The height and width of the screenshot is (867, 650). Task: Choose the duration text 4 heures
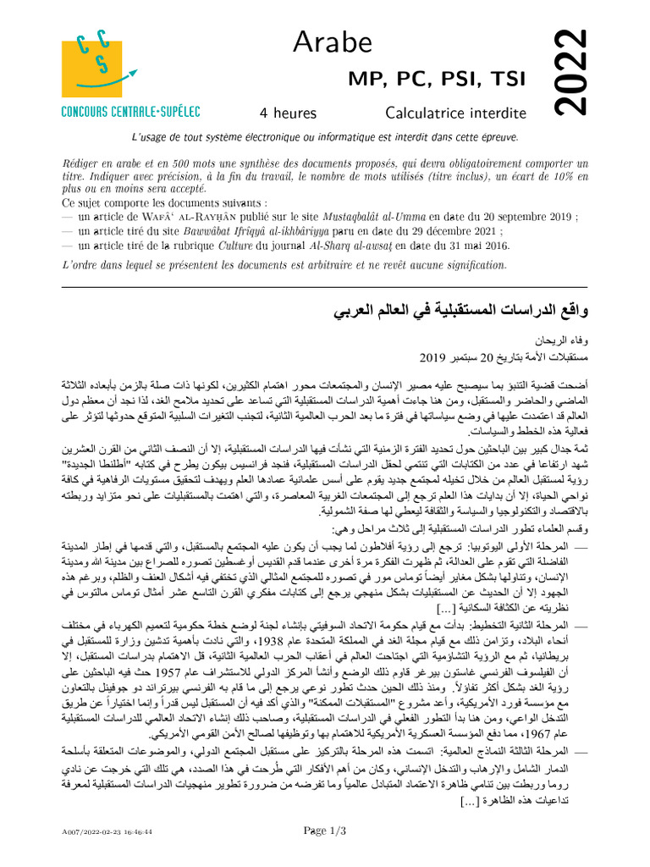(x=288, y=113)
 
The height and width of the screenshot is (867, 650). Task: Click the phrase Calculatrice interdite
(x=449, y=113)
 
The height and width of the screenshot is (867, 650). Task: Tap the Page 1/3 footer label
(x=325, y=831)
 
